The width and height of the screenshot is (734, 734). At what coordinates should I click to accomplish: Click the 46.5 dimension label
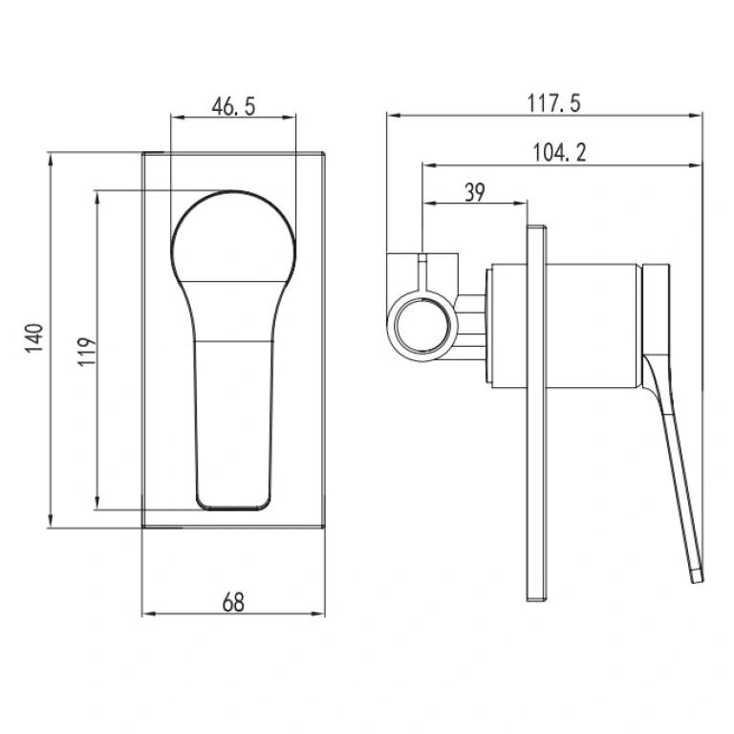pyautogui.click(x=233, y=106)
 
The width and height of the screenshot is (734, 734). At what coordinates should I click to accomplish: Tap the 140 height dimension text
pyautogui.click(x=34, y=337)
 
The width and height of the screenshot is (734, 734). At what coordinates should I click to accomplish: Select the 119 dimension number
pyautogui.click(x=87, y=351)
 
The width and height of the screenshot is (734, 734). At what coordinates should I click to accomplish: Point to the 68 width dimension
pyautogui.click(x=233, y=602)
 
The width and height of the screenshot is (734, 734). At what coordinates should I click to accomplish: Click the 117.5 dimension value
pyautogui.click(x=553, y=103)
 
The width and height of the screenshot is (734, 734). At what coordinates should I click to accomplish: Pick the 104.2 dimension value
pyautogui.click(x=559, y=152)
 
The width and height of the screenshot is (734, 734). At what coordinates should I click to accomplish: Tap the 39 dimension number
pyautogui.click(x=475, y=192)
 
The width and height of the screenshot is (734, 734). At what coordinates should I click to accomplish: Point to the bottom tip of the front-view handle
pyautogui.click(x=233, y=508)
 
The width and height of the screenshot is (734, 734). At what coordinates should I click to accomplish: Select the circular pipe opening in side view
pyautogui.click(x=422, y=326)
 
